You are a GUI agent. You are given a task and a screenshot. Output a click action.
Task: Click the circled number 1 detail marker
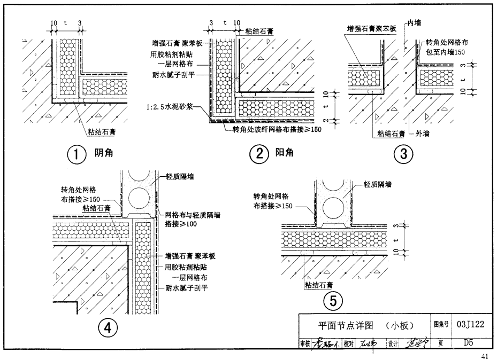point(76,154)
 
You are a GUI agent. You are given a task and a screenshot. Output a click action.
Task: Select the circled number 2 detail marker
point(259,154)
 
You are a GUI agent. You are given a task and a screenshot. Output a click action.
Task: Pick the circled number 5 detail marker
point(333,302)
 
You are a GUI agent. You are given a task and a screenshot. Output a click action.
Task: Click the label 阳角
point(284,154)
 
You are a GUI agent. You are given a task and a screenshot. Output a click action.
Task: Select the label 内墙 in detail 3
point(415,23)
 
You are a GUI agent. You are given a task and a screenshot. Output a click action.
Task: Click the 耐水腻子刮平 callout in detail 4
point(187,288)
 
